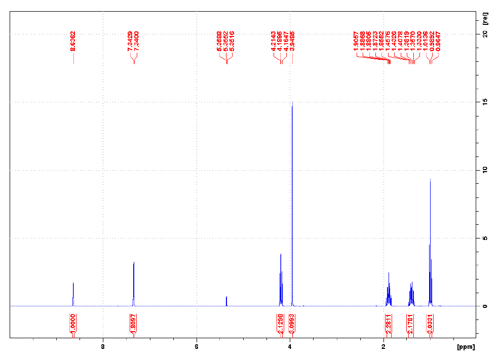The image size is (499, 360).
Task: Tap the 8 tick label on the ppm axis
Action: [103, 347]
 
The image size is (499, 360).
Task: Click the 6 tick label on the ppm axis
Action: [196, 347]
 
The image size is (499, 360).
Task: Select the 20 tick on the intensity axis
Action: [484, 34]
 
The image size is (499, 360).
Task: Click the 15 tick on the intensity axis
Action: [484, 102]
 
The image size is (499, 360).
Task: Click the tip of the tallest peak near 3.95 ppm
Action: [292, 103]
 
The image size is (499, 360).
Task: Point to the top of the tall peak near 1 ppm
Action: [430, 180]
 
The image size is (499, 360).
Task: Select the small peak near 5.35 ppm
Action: [226, 297]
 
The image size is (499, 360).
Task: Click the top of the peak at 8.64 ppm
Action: [73, 284]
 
